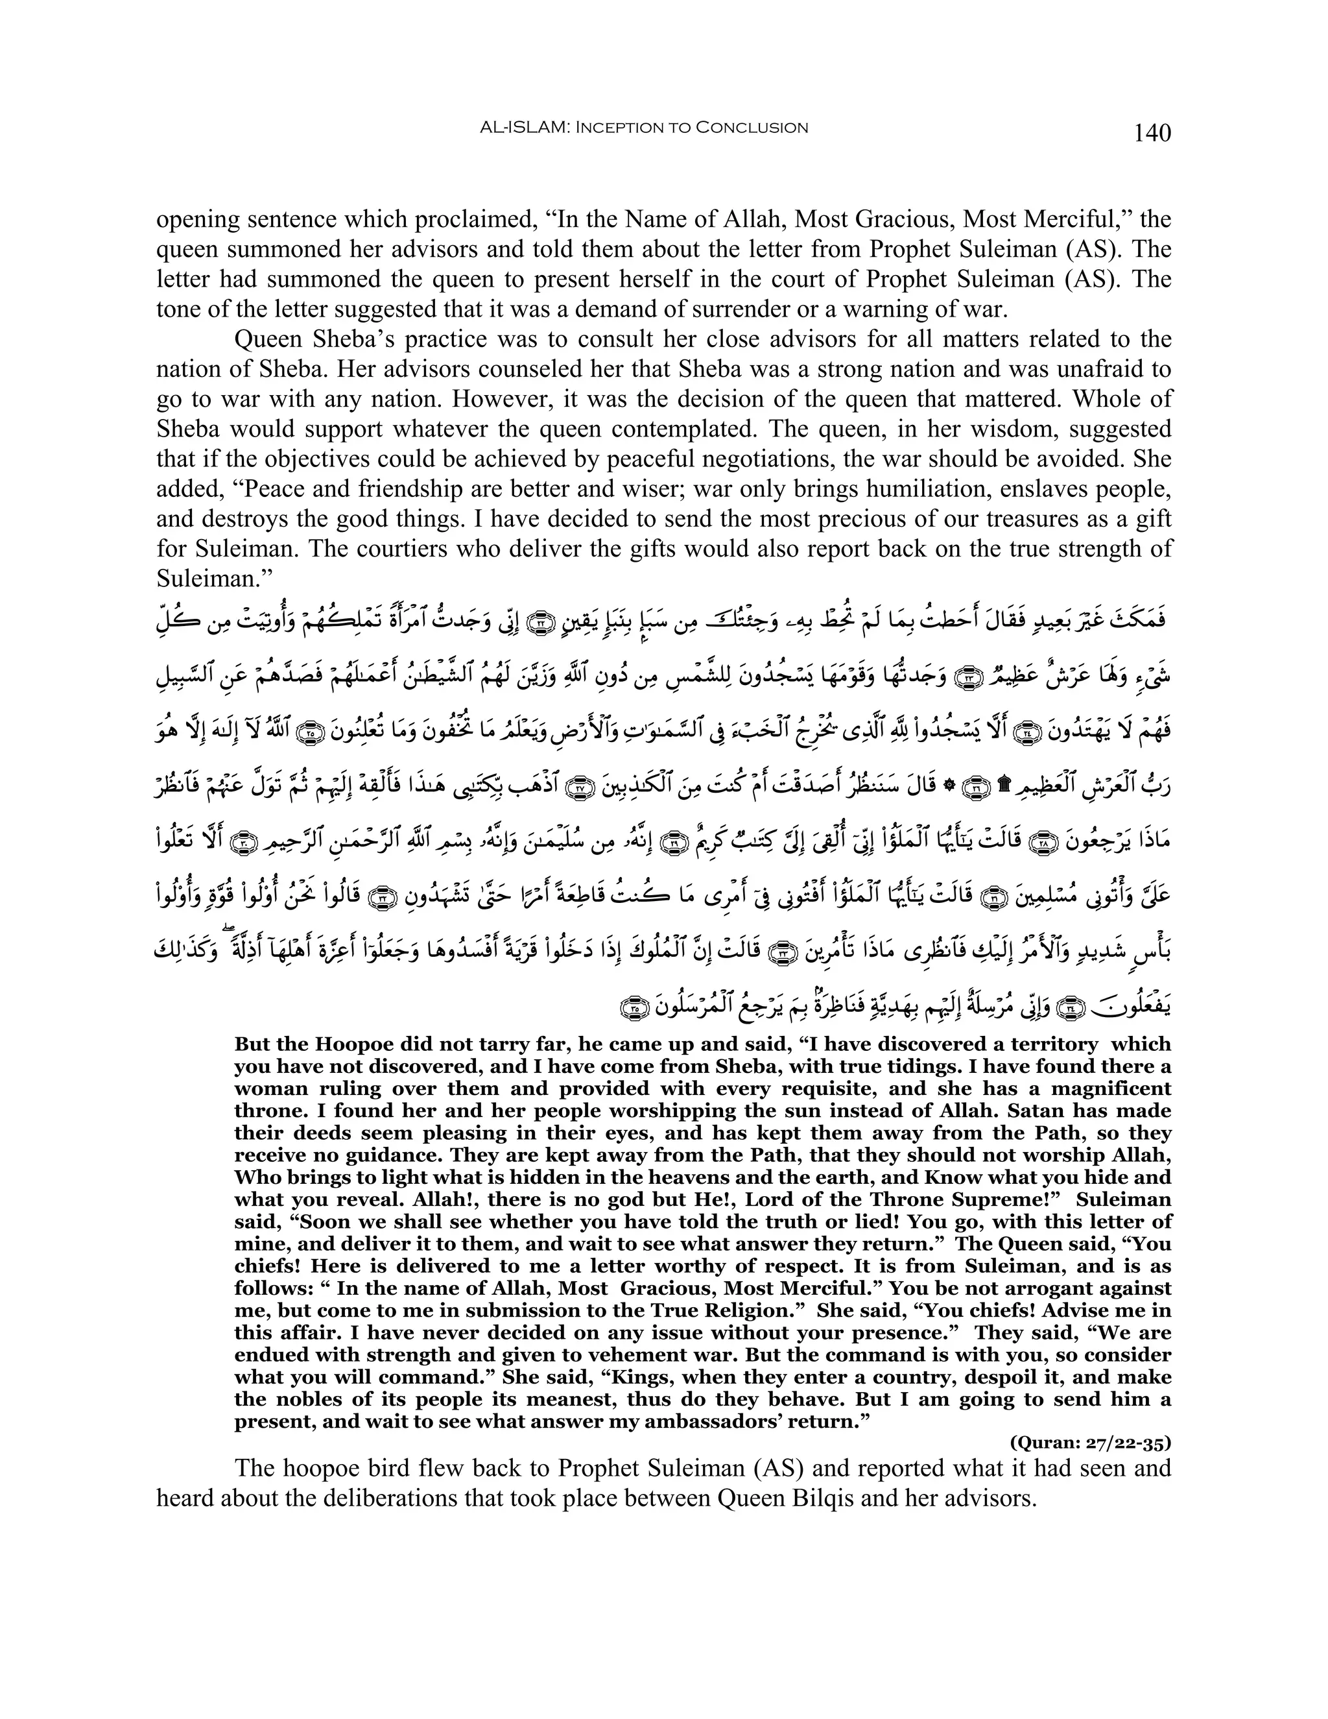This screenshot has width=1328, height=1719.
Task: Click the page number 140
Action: pos(1152,133)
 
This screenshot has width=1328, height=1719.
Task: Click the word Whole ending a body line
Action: pos(1132,399)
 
